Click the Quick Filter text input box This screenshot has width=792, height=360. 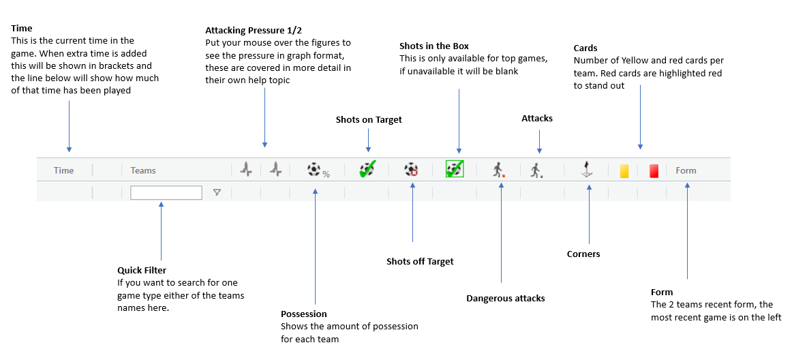point(166,193)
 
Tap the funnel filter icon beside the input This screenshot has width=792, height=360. point(217,193)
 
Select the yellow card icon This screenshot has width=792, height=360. point(624,170)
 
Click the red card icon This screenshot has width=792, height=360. point(654,170)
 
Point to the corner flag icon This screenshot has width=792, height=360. point(585,170)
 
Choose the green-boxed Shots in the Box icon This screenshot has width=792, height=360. point(455,169)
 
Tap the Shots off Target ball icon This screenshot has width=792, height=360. point(411,170)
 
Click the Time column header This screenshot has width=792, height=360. point(63,170)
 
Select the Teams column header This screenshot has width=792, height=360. point(143,170)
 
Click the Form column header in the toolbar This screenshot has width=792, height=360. point(686,170)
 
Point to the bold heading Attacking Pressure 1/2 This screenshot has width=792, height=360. point(253,31)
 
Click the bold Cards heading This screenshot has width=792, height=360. point(585,48)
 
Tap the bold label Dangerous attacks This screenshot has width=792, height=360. point(505,298)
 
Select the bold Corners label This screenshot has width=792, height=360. point(583,254)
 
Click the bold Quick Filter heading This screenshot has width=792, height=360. point(142,270)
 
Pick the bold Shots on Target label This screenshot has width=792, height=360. point(369,120)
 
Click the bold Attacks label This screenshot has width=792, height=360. point(537,119)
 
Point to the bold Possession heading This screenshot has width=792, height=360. point(304,314)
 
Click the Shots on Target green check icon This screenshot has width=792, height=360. point(367,170)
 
